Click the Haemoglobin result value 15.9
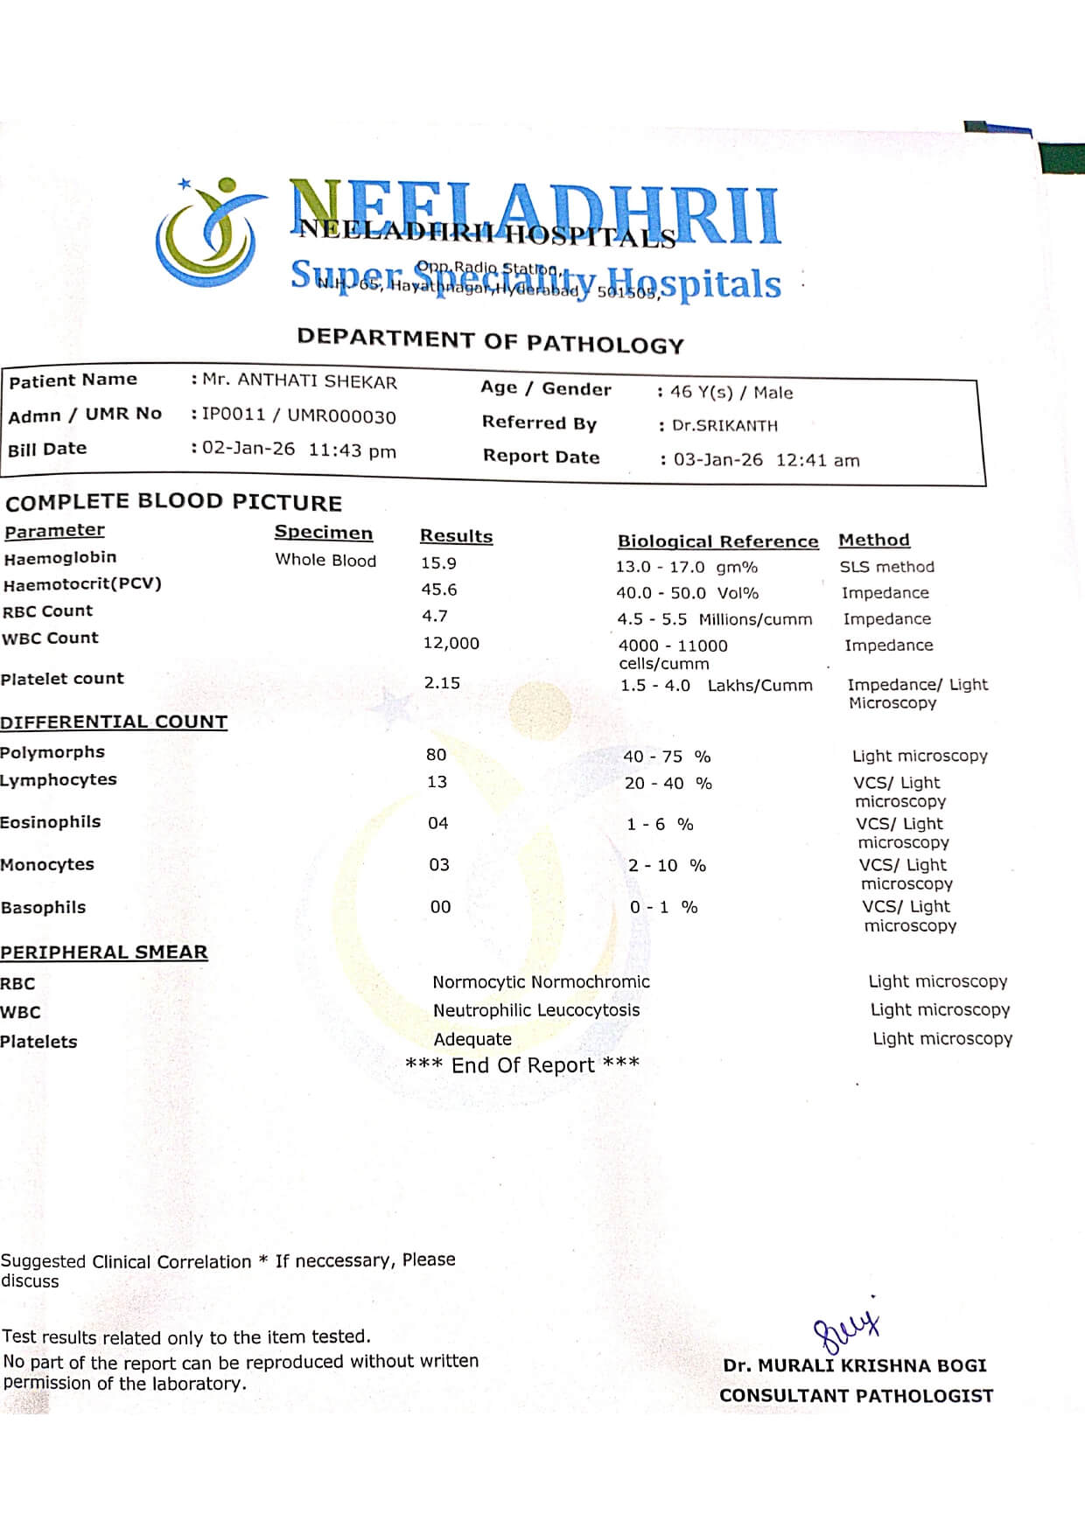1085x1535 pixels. pyautogui.click(x=438, y=563)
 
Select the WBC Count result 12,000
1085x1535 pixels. pyautogui.click(x=451, y=643)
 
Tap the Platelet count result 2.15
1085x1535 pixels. pyautogui.click(x=442, y=683)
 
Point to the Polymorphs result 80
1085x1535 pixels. pyautogui.click(x=436, y=755)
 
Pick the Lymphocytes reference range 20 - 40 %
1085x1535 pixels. pyautogui.click(x=668, y=784)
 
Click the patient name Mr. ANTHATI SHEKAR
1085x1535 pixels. pyautogui.click(x=299, y=381)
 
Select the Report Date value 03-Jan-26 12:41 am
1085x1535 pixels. pyautogui.click(x=766, y=460)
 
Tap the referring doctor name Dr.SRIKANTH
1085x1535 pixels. pyautogui.click(x=724, y=426)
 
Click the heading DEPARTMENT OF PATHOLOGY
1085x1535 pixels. pyautogui.click(x=490, y=341)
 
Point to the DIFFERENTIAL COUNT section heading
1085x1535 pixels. pyautogui.click(x=114, y=722)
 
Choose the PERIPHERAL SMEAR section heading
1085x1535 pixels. pyautogui.click(x=104, y=952)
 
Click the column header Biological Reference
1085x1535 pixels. pyautogui.click(x=717, y=541)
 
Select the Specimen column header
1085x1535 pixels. pyautogui.click(x=323, y=533)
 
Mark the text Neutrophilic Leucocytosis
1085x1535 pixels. pyautogui.click(x=536, y=1010)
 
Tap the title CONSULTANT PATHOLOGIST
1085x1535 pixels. pyautogui.click(x=856, y=1396)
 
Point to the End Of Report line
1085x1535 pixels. pyautogui.click(x=522, y=1064)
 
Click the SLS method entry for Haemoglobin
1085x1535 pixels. pyautogui.click(x=886, y=567)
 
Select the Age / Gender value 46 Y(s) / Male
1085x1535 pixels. pyautogui.click(x=731, y=393)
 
